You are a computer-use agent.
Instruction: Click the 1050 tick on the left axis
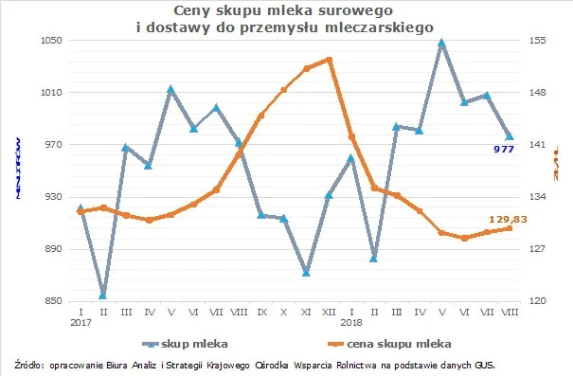pos(50,41)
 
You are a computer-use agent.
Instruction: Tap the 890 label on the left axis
pos(52,249)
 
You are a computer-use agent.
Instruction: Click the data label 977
pos(503,151)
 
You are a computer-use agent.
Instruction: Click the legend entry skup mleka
pos(195,343)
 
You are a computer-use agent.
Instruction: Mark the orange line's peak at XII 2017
pos(329,60)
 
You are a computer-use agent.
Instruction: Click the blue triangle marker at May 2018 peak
pos(441,43)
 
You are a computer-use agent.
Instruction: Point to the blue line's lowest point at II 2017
pos(102,295)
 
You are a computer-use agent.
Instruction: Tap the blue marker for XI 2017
pos(306,273)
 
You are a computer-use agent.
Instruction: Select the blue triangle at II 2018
pos(374,259)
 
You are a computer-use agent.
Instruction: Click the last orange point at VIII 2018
pos(510,228)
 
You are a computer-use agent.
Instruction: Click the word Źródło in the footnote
pos(29,364)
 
